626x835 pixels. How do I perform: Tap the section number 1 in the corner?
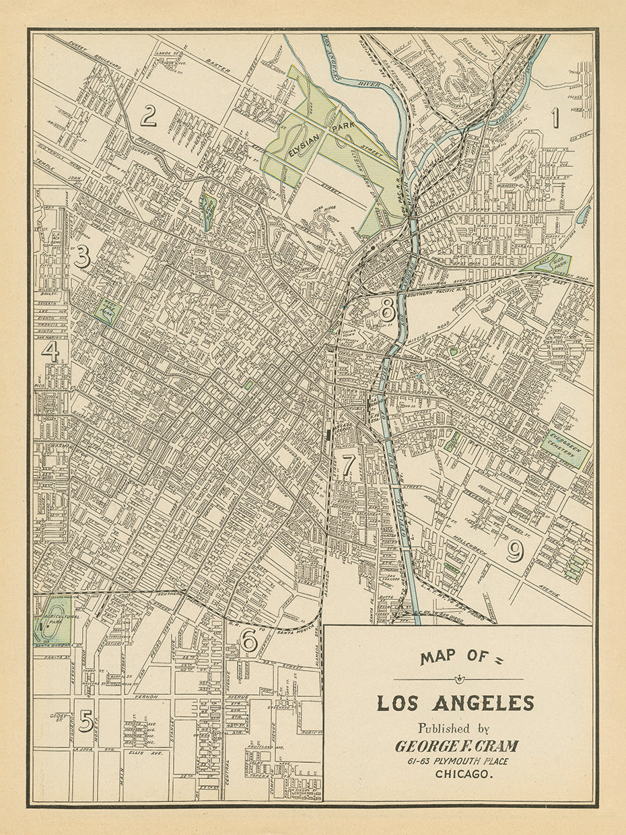coord(555,117)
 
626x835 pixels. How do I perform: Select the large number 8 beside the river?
coord(387,310)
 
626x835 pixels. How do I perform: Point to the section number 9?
coord(514,552)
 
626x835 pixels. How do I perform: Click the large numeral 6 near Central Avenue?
coord(249,641)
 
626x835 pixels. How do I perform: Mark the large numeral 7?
coord(347,465)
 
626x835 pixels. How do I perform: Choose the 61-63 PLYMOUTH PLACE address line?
coord(458,761)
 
